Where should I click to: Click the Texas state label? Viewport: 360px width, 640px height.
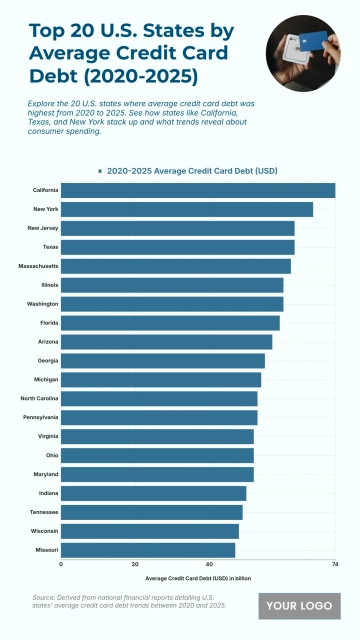coord(50,247)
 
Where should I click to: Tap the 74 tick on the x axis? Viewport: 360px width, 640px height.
coord(334,564)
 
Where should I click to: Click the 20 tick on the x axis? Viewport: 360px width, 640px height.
coord(135,564)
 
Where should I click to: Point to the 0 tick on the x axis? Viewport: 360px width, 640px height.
coord(62,564)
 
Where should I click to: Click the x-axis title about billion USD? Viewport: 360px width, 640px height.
coord(198,578)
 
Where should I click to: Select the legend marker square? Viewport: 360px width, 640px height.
coord(100,171)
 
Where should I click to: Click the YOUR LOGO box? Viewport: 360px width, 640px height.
coord(299,606)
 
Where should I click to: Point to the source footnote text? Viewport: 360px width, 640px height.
coord(130,600)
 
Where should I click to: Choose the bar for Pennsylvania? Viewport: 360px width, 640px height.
coord(159,418)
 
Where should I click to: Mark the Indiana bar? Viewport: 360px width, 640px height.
coord(154,493)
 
